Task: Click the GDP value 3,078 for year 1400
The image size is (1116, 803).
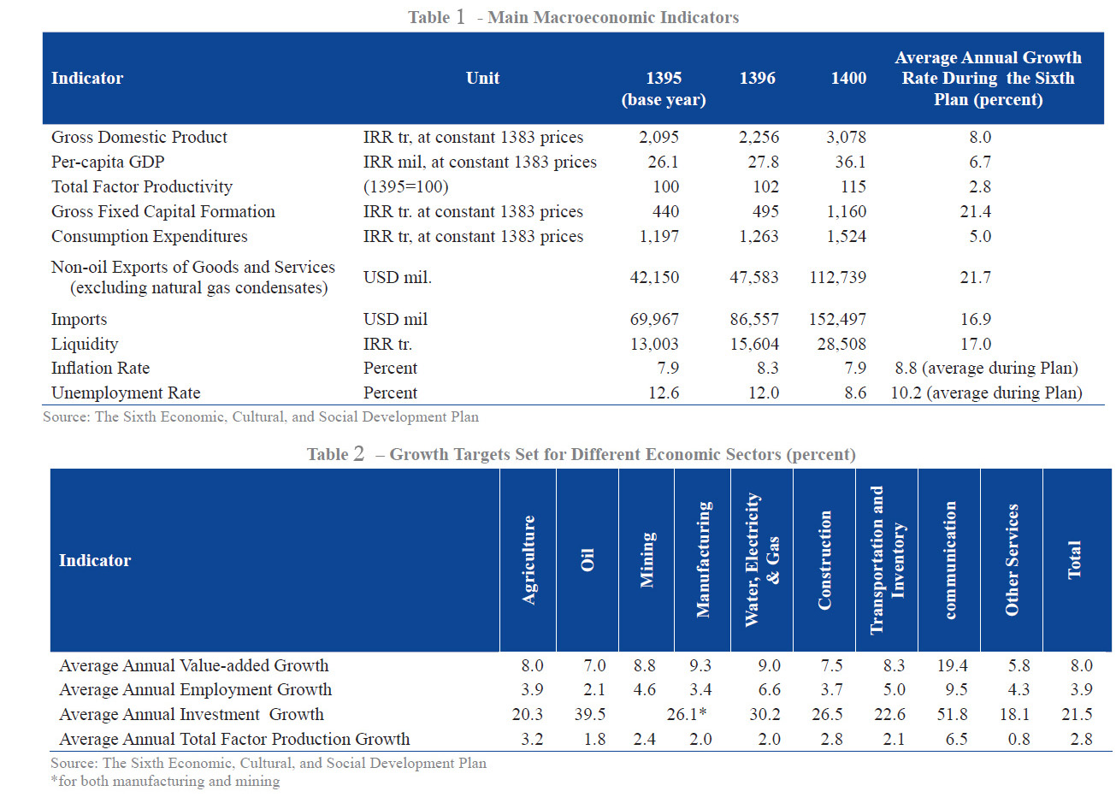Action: click(x=846, y=138)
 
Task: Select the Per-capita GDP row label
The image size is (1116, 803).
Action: click(x=108, y=162)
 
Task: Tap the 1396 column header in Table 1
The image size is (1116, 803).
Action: click(x=757, y=79)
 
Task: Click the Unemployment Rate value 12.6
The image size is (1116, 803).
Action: click(x=663, y=393)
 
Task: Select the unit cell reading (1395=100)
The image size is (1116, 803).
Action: click(x=405, y=187)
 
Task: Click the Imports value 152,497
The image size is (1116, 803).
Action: click(x=837, y=320)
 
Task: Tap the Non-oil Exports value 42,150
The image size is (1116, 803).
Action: click(x=654, y=278)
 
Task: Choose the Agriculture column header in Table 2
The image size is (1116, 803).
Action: click(x=528, y=560)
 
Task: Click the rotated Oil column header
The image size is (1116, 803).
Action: click(x=588, y=560)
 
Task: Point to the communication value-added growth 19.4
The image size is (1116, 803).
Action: click(x=952, y=666)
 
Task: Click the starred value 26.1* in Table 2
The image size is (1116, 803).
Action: click(x=686, y=715)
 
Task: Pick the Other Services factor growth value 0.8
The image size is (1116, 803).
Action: click(x=1019, y=740)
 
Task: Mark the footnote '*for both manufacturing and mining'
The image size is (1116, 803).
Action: click(x=165, y=782)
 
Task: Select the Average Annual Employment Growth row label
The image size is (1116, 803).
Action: click(x=195, y=690)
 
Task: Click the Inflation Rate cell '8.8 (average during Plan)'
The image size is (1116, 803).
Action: click(x=986, y=369)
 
